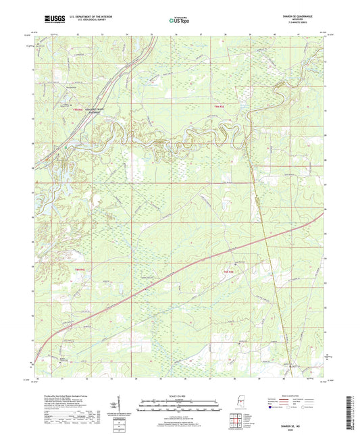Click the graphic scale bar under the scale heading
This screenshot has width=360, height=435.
point(179,407)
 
